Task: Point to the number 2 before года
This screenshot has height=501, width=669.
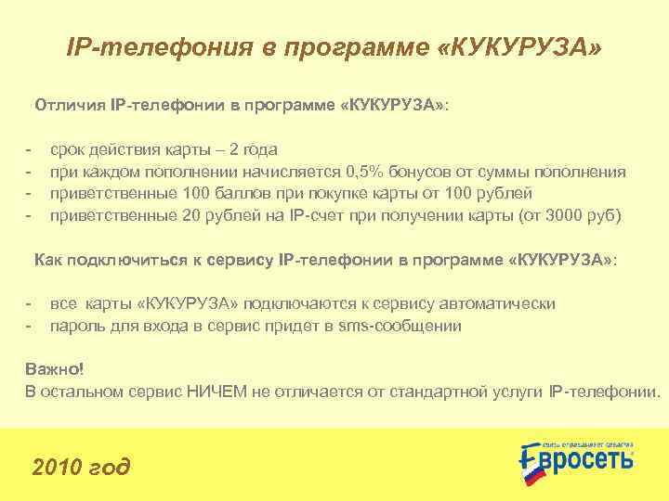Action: (x=234, y=150)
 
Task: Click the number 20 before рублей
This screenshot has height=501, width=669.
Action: (x=191, y=215)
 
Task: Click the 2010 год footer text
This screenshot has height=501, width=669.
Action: (x=82, y=465)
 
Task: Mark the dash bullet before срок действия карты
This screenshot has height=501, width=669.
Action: (x=30, y=150)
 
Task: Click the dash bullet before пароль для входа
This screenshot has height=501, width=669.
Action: (x=30, y=326)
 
